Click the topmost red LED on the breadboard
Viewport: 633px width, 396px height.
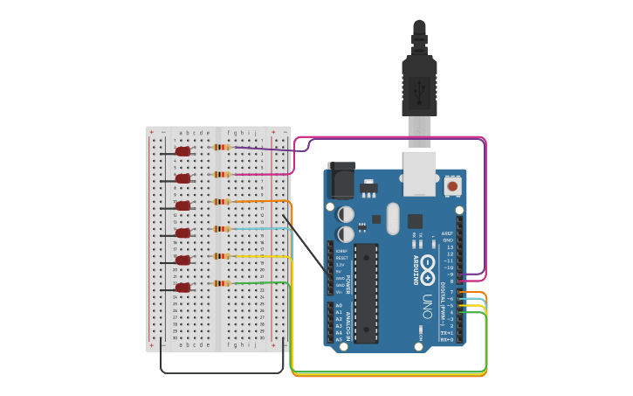[x=182, y=151]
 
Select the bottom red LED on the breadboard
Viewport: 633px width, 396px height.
[x=182, y=288]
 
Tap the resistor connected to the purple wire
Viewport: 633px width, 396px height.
[x=222, y=147]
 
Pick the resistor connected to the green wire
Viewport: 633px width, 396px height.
[x=222, y=283]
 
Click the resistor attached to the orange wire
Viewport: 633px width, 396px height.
[x=222, y=202]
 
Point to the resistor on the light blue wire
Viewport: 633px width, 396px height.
[x=222, y=229]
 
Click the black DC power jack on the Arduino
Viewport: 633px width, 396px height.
[x=341, y=181]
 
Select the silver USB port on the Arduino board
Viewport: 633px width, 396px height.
[x=418, y=173]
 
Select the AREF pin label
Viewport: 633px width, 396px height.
[x=448, y=234]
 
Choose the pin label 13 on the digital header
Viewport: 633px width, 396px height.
[x=450, y=247]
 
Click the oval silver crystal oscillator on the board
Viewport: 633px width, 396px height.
[x=392, y=219]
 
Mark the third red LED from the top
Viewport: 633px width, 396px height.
[x=182, y=206]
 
